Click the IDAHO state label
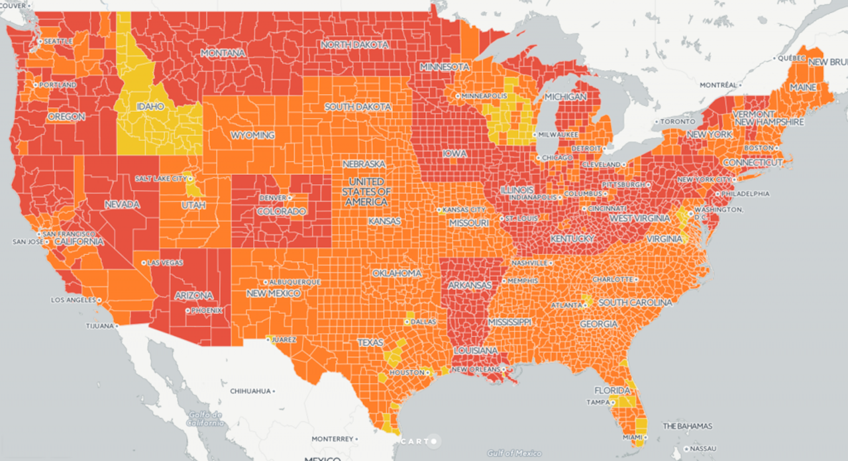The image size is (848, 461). [x=149, y=106]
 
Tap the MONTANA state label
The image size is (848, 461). [x=223, y=53]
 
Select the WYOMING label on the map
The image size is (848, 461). [x=252, y=135]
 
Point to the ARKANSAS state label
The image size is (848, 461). [x=470, y=285]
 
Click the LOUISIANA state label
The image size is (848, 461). [x=475, y=350]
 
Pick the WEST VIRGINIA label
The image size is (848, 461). [x=640, y=219]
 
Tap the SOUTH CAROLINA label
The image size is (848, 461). [x=635, y=303]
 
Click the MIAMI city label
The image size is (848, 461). [x=633, y=438]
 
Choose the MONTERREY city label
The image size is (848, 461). [x=333, y=439]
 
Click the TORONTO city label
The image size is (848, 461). [x=677, y=122]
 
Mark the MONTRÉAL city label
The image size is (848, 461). [x=718, y=85]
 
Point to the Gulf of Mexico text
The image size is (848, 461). [x=513, y=453]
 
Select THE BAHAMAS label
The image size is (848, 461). [x=687, y=426]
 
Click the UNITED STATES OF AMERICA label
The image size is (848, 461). [x=366, y=191]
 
